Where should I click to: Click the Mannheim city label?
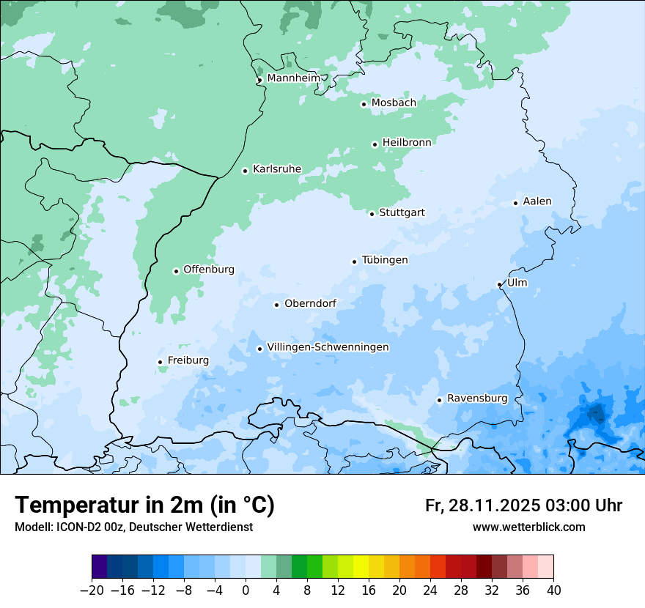pos(293,78)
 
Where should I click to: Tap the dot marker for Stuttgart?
pos(372,214)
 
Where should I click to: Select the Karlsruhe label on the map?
pos(276,169)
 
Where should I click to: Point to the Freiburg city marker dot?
pos(160,362)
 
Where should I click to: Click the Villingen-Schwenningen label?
pos(328,347)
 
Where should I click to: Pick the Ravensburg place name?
pos(476,398)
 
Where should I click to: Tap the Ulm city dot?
pos(499,284)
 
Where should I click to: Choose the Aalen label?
pos(537,201)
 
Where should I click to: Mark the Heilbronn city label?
pos(407,143)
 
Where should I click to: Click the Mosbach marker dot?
pos(364,104)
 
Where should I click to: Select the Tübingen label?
pos(384,260)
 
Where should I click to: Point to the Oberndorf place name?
pos(310,303)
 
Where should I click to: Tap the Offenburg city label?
pos(208,270)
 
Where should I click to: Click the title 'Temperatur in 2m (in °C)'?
pos(144,505)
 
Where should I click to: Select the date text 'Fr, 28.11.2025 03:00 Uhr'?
pos(523,505)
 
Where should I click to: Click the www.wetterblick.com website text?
pos(528,527)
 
